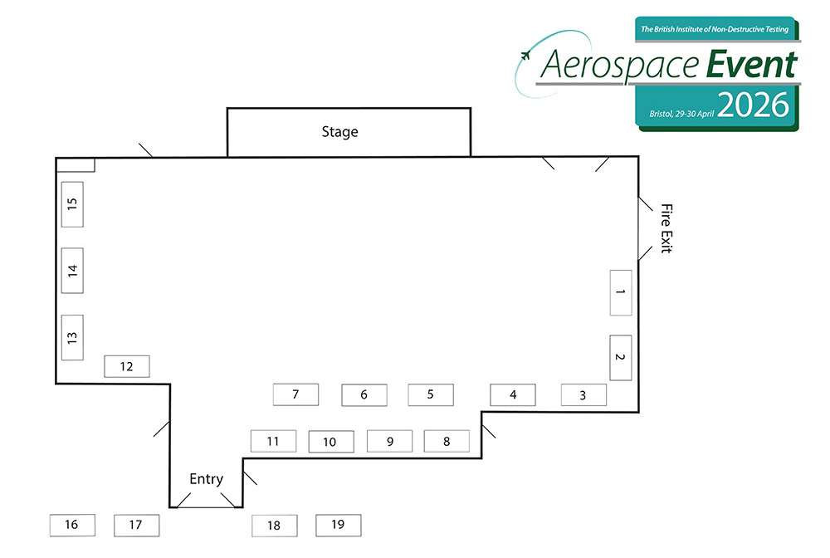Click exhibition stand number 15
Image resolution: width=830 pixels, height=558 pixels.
click(72, 204)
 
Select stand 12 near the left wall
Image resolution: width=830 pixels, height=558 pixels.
click(127, 366)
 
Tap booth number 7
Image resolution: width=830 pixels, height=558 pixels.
click(296, 394)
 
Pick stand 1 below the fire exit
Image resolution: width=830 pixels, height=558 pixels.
click(621, 293)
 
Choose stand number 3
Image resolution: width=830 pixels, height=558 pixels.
click(583, 395)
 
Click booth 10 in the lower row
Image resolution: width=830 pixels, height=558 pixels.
click(331, 442)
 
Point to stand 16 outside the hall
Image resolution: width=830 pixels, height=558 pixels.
click(72, 525)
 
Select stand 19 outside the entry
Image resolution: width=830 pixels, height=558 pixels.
click(339, 525)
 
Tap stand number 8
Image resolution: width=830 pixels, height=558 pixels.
click(447, 441)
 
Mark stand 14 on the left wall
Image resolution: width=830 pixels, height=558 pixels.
click(72, 271)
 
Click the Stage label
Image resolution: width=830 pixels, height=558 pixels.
click(339, 132)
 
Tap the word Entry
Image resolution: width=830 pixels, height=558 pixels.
click(207, 479)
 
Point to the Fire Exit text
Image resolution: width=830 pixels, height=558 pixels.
click(666, 228)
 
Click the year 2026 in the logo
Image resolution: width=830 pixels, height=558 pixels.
click(754, 105)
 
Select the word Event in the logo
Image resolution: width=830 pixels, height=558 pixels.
click(752, 65)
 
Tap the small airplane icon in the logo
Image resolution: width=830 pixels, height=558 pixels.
click(525, 55)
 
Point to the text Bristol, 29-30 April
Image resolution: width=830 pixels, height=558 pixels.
click(681, 114)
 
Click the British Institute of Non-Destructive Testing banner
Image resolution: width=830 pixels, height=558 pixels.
click(715, 29)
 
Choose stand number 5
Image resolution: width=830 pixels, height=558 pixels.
click(431, 395)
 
